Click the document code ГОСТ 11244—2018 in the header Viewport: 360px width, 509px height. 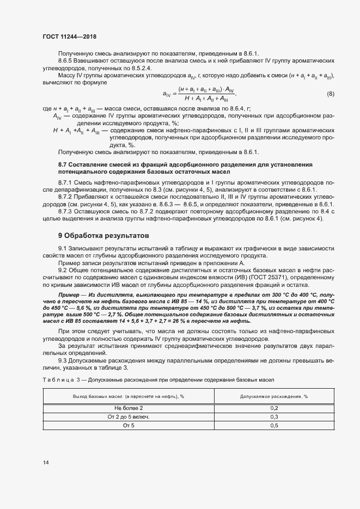pos(69,36)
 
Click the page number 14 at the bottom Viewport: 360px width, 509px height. pos(45,462)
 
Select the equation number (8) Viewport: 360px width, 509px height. pos(330,94)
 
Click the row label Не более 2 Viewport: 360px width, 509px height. pos(129,408)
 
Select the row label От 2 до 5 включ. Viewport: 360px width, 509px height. pos(129,416)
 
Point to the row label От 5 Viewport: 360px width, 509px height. pos(129,425)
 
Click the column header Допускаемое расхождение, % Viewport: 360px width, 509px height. pos(274,396)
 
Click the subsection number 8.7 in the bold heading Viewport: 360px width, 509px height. pos(63,164)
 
